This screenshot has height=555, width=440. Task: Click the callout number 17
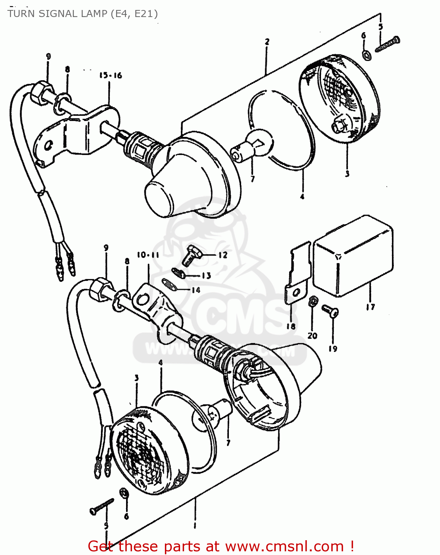tap(370, 307)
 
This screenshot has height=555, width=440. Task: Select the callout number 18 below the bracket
tap(291, 326)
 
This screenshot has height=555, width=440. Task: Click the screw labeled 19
tap(330, 311)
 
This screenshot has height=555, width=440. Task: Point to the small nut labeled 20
tap(312, 301)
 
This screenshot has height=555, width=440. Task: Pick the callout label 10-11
tap(148, 255)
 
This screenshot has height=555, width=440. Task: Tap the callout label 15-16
tap(110, 75)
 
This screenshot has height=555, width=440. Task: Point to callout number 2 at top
tap(267, 41)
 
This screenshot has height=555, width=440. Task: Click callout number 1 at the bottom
tap(195, 525)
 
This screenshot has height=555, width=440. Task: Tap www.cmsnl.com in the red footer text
tap(284, 546)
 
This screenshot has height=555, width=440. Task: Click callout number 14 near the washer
tap(196, 290)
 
